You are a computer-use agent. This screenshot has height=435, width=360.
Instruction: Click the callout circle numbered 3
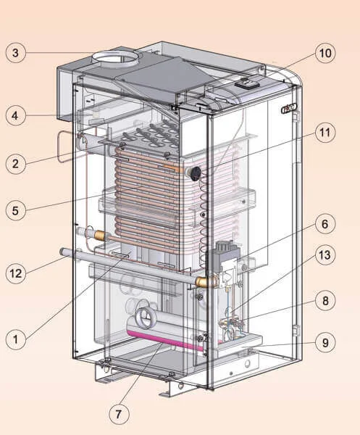(x=15, y=52)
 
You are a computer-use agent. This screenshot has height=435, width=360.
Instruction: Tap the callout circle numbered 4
(x=15, y=115)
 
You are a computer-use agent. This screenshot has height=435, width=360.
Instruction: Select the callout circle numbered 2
(x=15, y=164)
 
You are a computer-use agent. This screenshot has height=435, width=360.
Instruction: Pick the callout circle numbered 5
(x=15, y=210)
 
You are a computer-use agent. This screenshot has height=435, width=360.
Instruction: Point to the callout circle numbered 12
(x=15, y=273)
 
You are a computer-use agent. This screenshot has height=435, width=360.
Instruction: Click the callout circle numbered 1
(x=15, y=339)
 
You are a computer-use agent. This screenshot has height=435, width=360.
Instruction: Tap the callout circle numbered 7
(x=119, y=414)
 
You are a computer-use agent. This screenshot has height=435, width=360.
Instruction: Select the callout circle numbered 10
(x=325, y=53)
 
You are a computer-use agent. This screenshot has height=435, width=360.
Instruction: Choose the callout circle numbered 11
(x=325, y=133)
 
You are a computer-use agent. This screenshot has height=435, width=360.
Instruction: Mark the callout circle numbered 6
(x=325, y=224)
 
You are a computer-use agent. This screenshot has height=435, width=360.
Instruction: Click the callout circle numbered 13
(x=325, y=255)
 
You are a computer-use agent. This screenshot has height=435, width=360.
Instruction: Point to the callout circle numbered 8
(x=325, y=301)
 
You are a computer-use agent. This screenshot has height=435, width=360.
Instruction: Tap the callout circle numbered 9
(x=325, y=343)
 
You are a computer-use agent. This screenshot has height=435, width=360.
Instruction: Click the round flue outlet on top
(x=115, y=58)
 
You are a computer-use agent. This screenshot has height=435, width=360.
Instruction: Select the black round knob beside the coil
(x=196, y=173)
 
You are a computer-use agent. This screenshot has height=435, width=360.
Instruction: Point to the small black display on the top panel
(x=247, y=83)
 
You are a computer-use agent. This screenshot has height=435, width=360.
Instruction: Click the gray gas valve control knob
(x=225, y=246)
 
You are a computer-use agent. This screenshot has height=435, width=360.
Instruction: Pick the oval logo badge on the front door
(x=289, y=108)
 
